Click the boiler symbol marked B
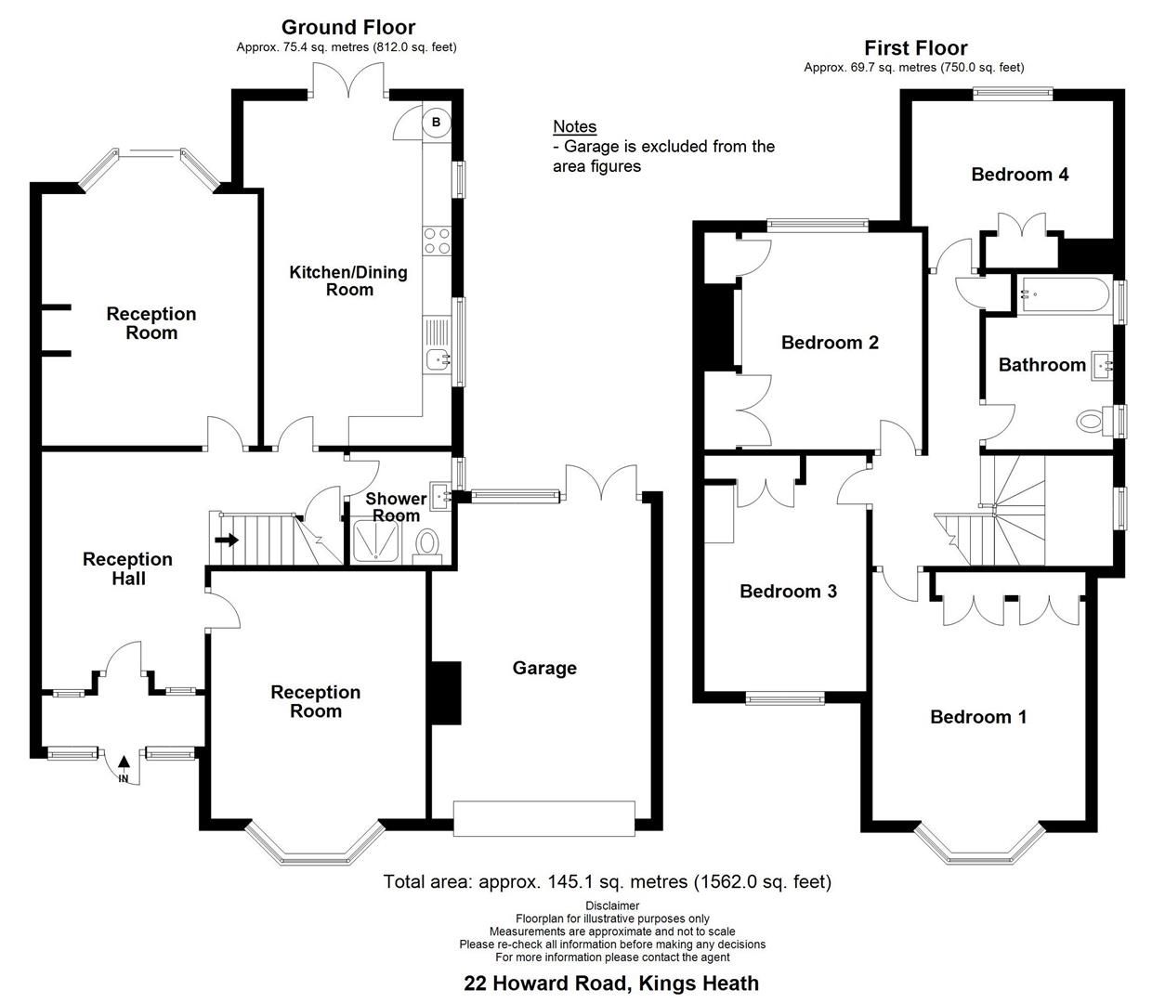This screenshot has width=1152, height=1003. tap(437, 122)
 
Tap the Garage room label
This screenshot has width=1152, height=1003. tap(544, 668)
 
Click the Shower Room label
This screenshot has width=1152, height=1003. tap(396, 506)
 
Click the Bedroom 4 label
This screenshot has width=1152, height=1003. tap(1019, 174)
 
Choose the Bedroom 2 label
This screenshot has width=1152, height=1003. tap(830, 343)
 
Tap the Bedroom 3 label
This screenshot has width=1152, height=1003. tap(788, 591)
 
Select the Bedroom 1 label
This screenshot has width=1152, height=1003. tap(978, 716)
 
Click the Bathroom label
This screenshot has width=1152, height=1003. tap(1041, 365)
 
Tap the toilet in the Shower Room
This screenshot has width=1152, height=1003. tap(428, 542)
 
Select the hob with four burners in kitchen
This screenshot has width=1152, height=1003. tap(437, 241)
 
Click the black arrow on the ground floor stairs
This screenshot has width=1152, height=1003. tap(226, 539)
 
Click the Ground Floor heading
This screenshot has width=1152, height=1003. tap(348, 28)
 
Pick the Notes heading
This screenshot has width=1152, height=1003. tap(574, 126)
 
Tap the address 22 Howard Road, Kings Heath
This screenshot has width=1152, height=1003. tap(611, 983)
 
